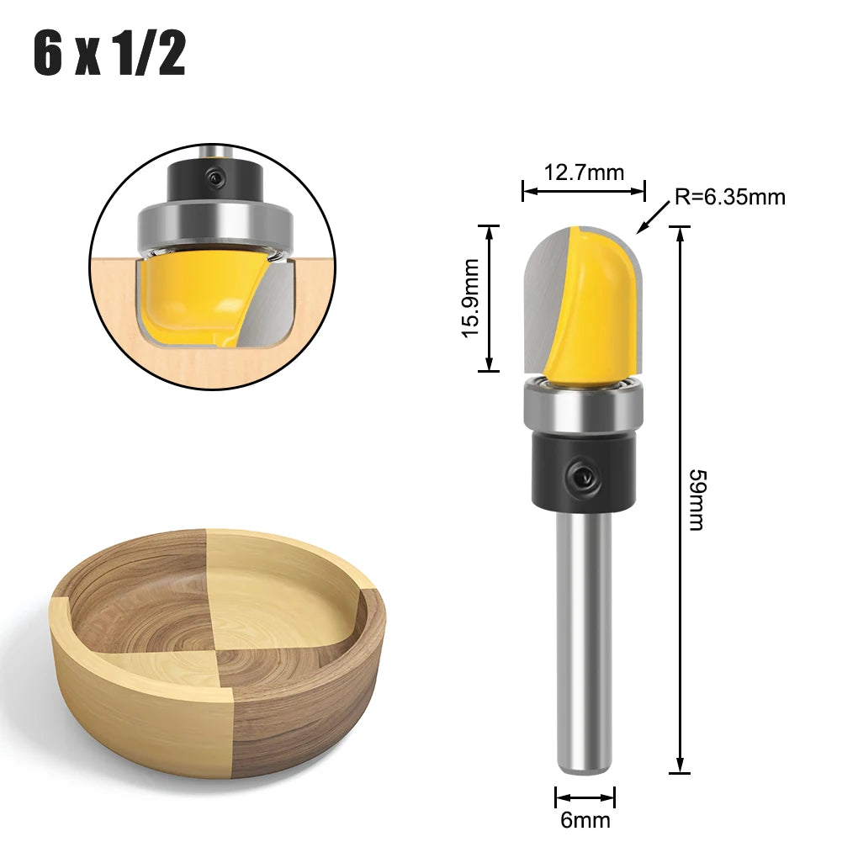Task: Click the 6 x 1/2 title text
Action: [x=109, y=55]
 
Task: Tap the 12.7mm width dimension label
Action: [x=584, y=173]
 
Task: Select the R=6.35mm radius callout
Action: [x=729, y=198]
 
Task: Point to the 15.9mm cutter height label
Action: [x=471, y=298]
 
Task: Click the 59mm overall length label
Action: [x=697, y=500]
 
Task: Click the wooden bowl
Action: [x=217, y=648]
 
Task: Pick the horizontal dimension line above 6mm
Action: [x=585, y=796]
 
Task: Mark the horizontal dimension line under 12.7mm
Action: [x=584, y=192]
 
